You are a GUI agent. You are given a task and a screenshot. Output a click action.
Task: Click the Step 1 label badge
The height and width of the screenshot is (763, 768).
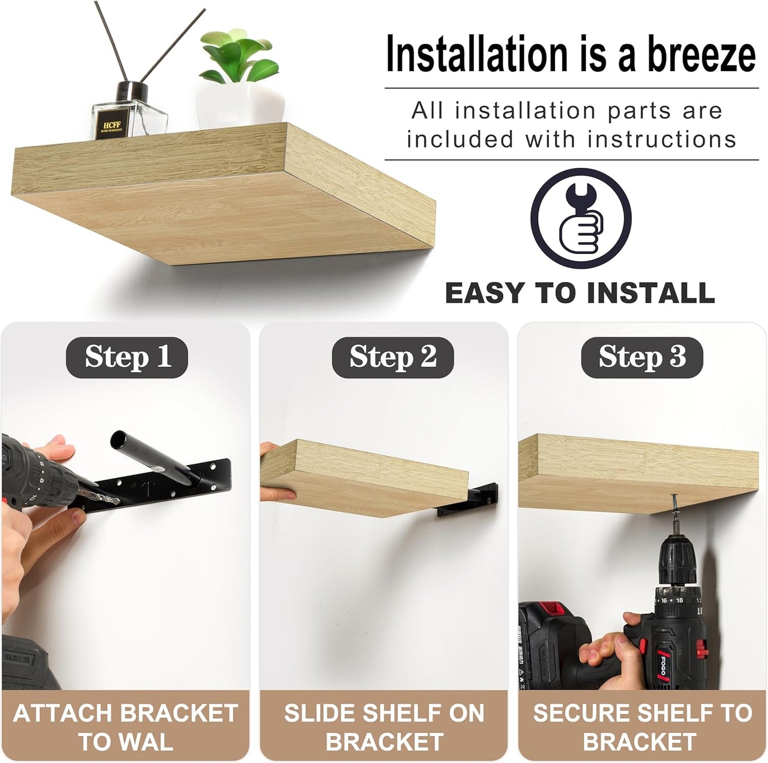pyautogui.click(x=127, y=356)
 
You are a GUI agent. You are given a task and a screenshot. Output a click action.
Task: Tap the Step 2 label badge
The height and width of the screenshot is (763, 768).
pyautogui.click(x=392, y=356)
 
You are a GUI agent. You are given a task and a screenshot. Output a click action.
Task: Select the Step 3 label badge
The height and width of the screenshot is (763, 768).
pyautogui.click(x=642, y=356)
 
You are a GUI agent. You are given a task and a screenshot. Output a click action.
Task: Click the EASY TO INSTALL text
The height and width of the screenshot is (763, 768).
pyautogui.click(x=580, y=293)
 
